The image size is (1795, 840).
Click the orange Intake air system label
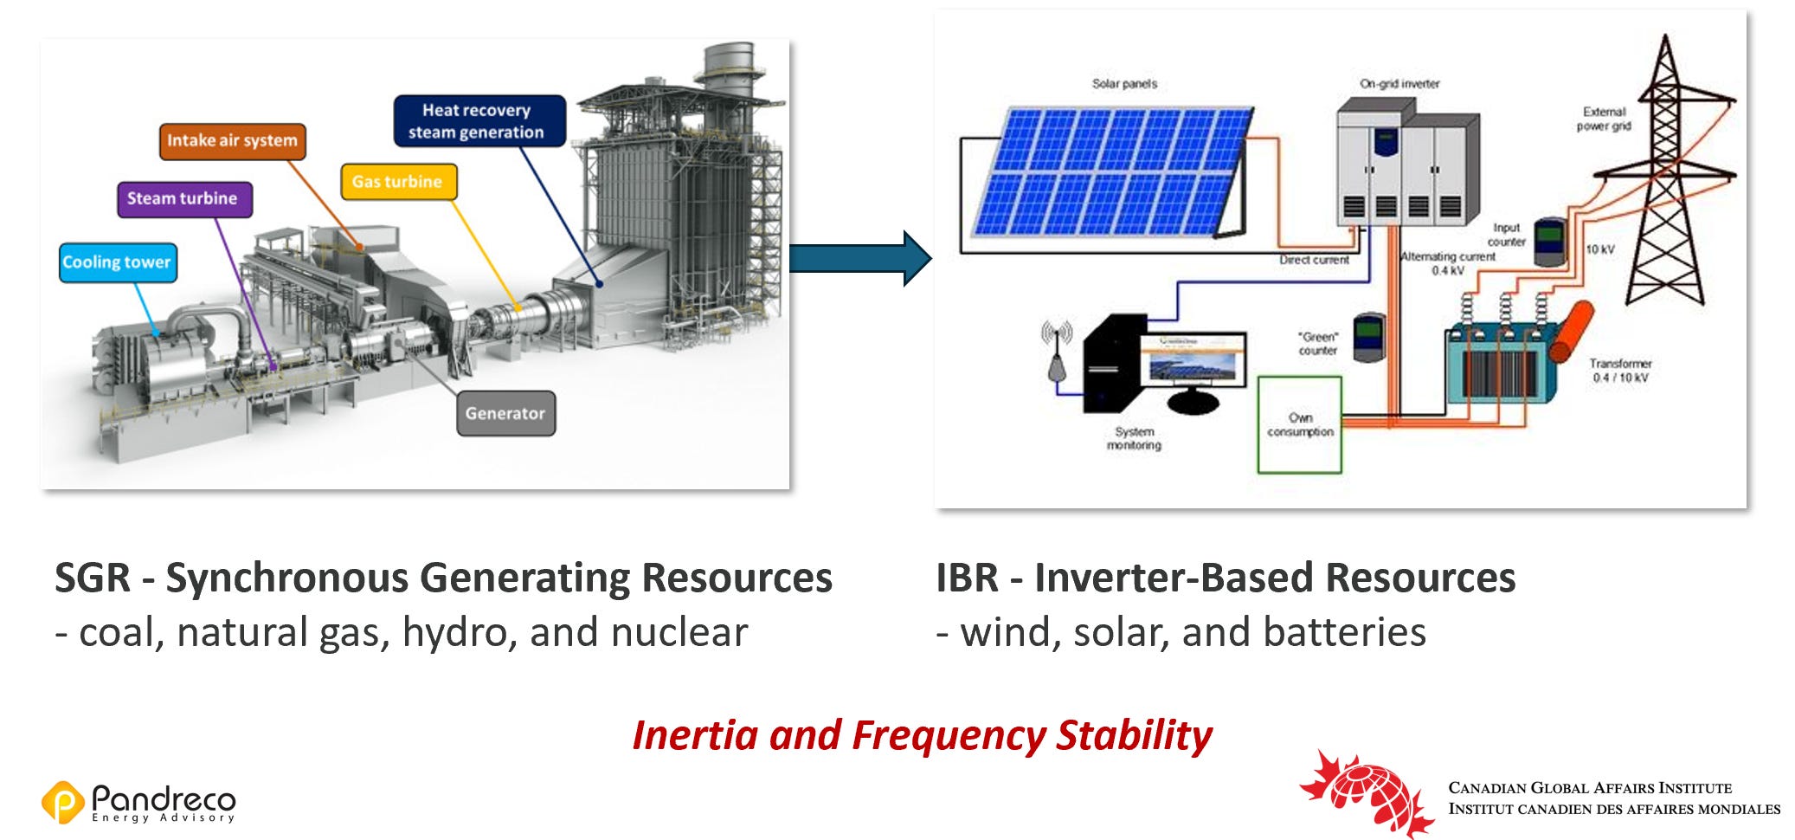pyautogui.click(x=232, y=141)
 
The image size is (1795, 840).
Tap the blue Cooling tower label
pyautogui.click(x=118, y=262)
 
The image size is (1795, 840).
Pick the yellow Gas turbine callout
pyautogui.click(x=397, y=182)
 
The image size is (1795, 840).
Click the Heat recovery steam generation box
pyautogui.click(x=478, y=121)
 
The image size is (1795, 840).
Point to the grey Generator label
pyautogui.click(x=505, y=413)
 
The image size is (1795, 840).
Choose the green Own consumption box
pyautogui.click(x=1299, y=424)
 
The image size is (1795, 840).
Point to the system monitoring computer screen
pyautogui.click(x=1194, y=360)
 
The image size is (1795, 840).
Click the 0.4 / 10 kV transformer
pyautogui.click(x=1502, y=359)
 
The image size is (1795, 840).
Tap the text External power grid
pyautogui.click(x=1604, y=119)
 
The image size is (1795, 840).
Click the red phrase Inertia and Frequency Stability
pyautogui.click(x=922, y=735)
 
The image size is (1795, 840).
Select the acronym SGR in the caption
pyautogui.click(x=93, y=578)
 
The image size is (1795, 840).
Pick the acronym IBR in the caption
pyautogui.click(x=966, y=578)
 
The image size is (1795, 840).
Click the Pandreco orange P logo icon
pyautogui.click(x=62, y=801)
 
